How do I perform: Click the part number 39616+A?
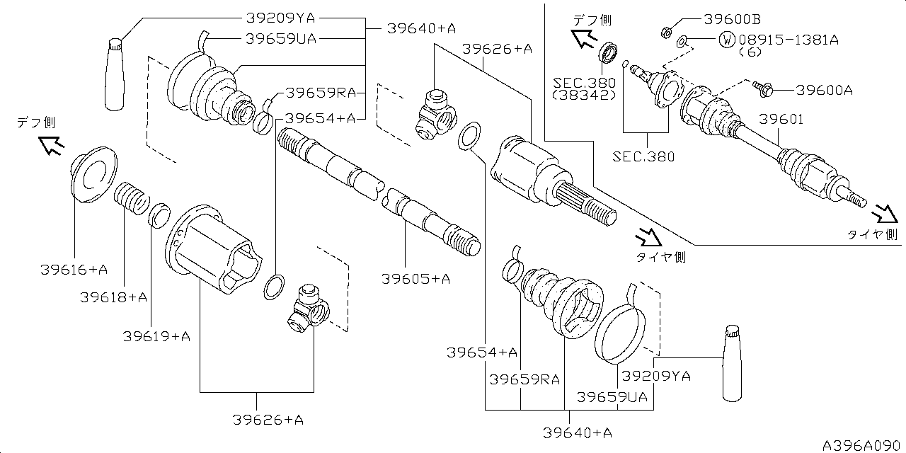click(x=74, y=270)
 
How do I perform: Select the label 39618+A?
click(x=114, y=297)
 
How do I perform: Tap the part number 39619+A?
click(x=156, y=336)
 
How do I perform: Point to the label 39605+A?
click(x=415, y=279)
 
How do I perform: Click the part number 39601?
click(x=781, y=120)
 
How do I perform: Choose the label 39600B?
click(x=733, y=19)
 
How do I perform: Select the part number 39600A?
click(x=825, y=90)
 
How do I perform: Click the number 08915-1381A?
click(x=789, y=40)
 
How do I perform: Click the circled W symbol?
click(x=727, y=40)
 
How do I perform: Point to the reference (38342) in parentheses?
click(x=585, y=95)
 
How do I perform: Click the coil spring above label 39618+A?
click(x=131, y=199)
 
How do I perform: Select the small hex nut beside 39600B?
click(x=666, y=32)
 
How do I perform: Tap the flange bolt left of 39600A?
click(x=763, y=89)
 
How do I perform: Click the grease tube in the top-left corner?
click(x=115, y=74)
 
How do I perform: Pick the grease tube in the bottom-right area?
click(x=733, y=363)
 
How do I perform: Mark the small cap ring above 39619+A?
click(x=160, y=216)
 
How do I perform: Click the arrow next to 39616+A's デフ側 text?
click(x=52, y=146)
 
